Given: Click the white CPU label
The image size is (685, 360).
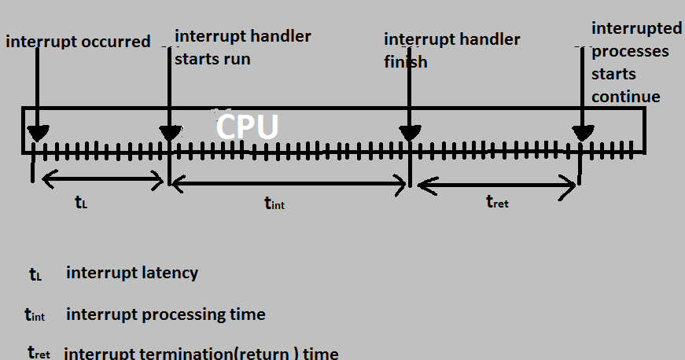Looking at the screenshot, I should pos(247,127).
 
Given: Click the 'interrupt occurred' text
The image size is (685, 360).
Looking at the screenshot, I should pos(78,42).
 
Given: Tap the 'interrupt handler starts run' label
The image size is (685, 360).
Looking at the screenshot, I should pos(242,47).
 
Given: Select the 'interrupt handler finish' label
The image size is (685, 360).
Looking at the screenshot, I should pos(451,50).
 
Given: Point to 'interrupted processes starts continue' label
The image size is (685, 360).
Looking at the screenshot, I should pos(636,62).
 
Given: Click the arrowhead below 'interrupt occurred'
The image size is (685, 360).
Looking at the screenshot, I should pos(37,133).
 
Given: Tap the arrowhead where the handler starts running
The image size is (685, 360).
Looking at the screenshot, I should pos(169,133).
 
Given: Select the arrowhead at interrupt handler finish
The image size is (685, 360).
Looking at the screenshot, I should pos(409,133).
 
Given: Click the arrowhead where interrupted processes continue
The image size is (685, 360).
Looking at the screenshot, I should pos(583,133).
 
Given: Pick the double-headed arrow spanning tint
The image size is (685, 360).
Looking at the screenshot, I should pos(289,184).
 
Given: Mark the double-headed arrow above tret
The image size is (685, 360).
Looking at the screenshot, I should pos(496,186).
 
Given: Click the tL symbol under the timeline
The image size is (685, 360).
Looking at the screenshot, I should pos(81,202).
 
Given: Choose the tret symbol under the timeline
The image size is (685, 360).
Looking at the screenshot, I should pos(497,203).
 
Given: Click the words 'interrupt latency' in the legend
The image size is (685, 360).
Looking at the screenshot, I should pos(132,273).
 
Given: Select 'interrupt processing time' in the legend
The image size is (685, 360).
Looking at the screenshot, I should pos(166,314).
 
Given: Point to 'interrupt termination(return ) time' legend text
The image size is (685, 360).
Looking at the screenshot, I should pos(201,353).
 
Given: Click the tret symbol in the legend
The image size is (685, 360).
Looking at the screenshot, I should pos(39,353).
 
